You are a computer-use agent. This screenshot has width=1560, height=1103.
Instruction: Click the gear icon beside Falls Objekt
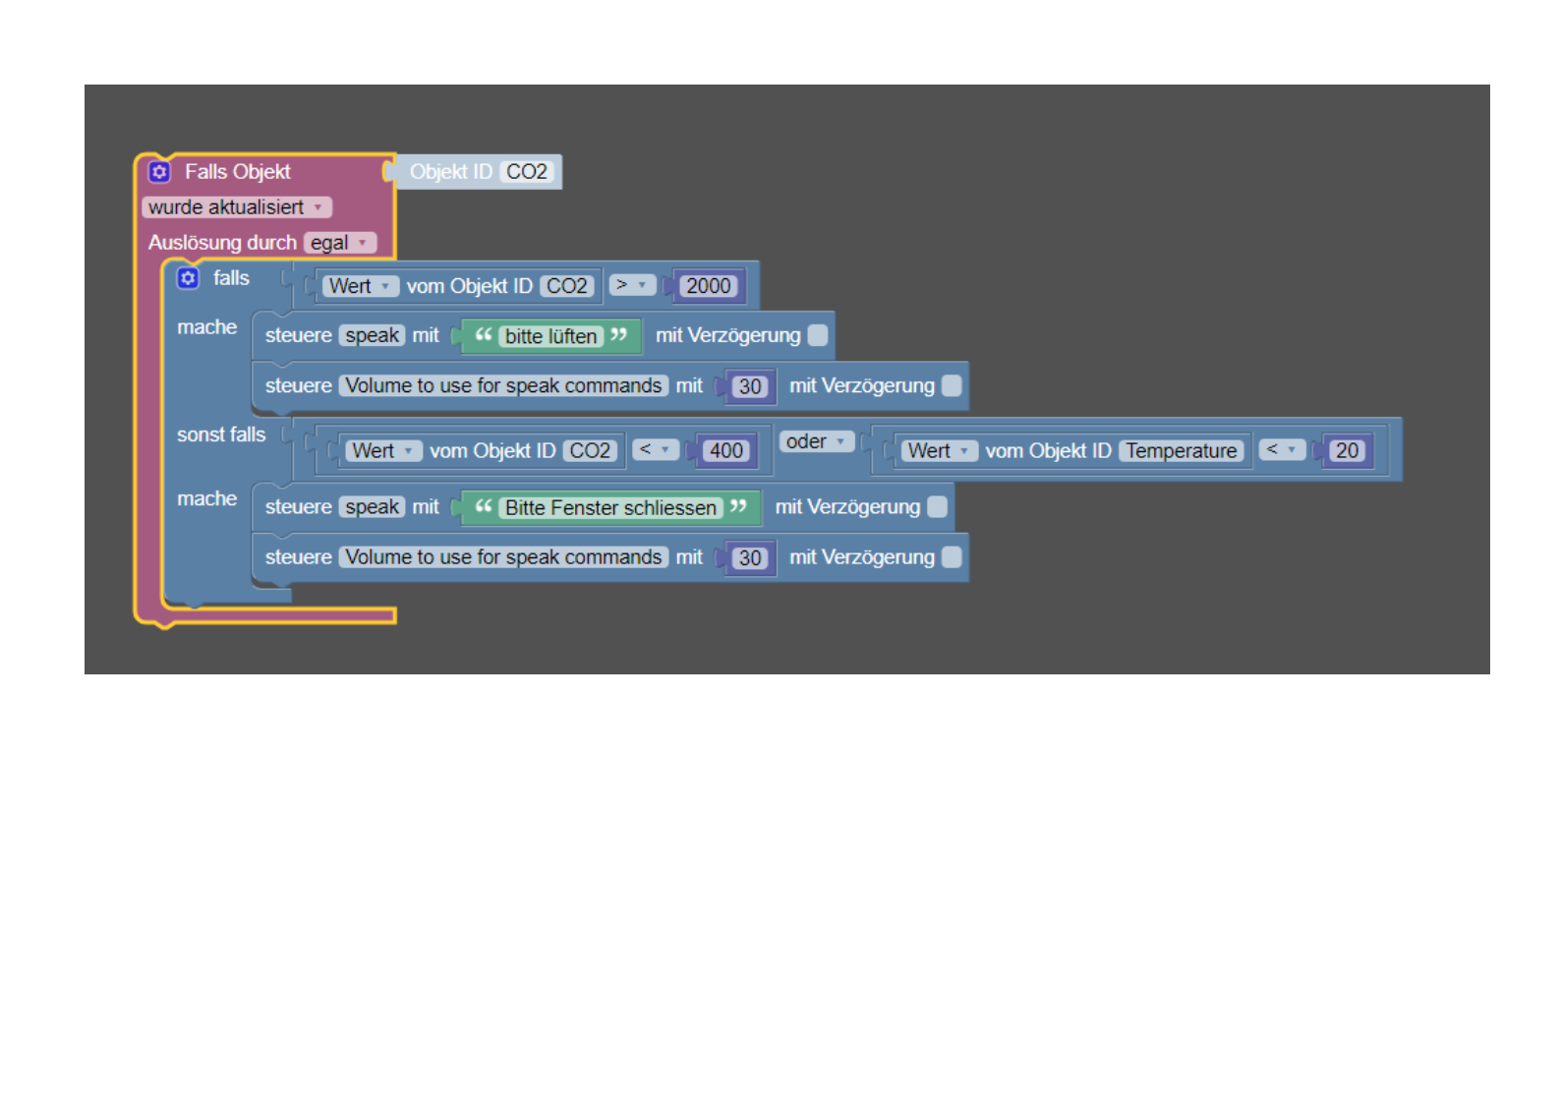click(x=159, y=172)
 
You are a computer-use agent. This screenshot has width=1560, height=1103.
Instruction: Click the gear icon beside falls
click(x=188, y=278)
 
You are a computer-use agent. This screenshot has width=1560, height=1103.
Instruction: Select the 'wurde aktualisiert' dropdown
click(x=236, y=207)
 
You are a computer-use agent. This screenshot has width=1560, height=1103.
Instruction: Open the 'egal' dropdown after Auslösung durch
click(x=339, y=243)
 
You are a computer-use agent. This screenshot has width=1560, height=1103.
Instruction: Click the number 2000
click(x=708, y=286)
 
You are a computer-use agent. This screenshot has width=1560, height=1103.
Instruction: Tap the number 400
click(x=726, y=450)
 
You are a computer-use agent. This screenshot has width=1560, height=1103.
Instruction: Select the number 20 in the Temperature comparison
click(x=1347, y=450)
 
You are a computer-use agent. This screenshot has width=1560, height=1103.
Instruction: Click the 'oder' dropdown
click(x=816, y=441)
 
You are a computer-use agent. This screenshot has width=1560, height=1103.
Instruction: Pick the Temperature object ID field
click(x=1181, y=450)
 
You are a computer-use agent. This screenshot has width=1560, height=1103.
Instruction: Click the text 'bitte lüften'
click(x=550, y=336)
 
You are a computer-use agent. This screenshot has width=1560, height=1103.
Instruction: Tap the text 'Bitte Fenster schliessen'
click(x=610, y=507)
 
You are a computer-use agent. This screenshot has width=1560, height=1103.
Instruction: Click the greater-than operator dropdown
click(x=631, y=285)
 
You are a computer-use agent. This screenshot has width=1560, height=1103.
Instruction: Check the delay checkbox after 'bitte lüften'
click(x=818, y=335)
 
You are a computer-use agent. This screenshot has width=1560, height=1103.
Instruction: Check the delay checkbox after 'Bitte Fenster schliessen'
click(x=938, y=506)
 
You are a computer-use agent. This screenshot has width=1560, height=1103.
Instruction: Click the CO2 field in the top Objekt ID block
click(x=527, y=172)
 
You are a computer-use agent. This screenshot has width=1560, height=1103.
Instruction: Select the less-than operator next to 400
click(x=655, y=449)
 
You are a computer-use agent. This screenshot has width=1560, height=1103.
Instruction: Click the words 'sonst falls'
click(x=221, y=435)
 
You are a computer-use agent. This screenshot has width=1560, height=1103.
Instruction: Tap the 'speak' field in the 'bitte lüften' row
click(x=373, y=335)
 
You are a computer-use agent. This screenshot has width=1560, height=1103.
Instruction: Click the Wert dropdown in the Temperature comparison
click(x=939, y=450)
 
